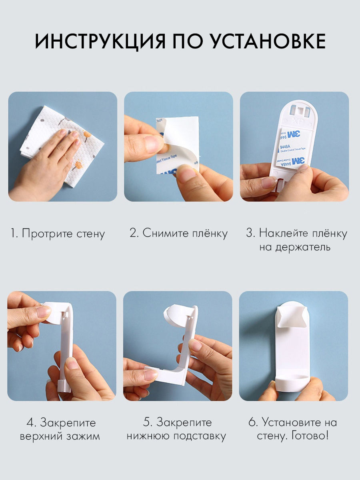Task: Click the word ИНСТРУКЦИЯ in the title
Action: point(100,42)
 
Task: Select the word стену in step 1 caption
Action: point(91,234)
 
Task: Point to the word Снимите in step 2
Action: point(166,233)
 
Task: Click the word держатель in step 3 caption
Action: point(295,248)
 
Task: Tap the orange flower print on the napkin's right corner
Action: point(88,134)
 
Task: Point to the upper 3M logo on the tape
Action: point(293,134)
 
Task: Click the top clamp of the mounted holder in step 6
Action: point(292,317)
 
